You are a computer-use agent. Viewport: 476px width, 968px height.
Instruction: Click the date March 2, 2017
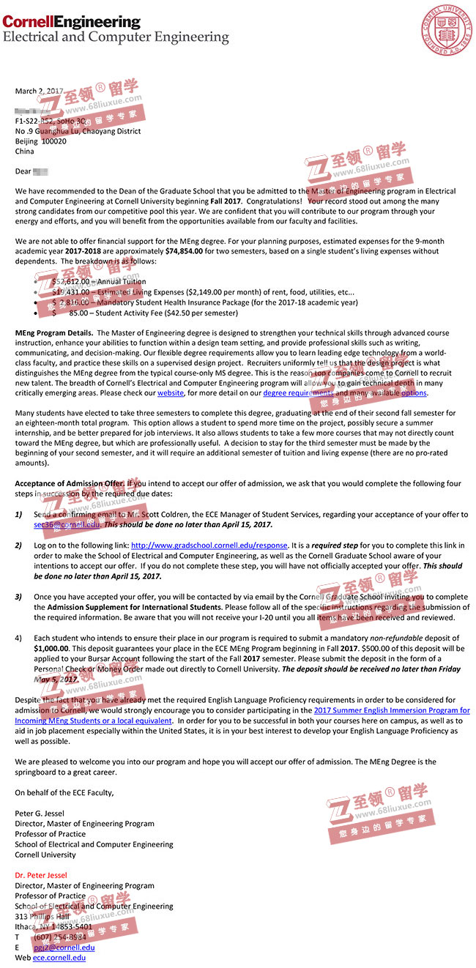tap(40, 91)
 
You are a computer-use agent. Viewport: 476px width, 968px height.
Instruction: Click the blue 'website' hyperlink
tap(171, 393)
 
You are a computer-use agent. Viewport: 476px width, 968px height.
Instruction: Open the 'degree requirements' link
tap(298, 393)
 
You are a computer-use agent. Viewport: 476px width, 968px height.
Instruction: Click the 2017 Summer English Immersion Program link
tap(392, 710)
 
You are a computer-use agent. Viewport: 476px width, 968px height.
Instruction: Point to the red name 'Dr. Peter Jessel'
tap(41, 875)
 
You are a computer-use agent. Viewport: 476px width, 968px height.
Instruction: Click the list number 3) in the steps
tap(19, 597)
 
